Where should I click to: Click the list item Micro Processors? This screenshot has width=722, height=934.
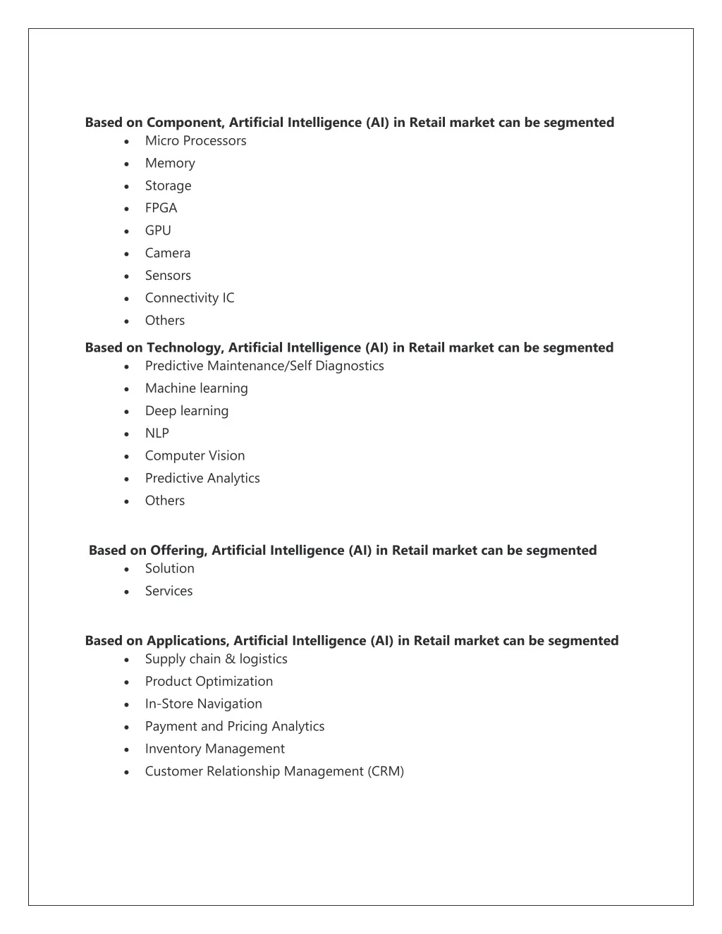pos(195,141)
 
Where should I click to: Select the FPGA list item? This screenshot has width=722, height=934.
pos(161,208)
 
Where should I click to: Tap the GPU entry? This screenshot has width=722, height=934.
pos(158,231)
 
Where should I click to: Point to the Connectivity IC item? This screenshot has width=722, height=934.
pos(190,298)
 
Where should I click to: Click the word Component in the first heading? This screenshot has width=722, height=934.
pos(185,123)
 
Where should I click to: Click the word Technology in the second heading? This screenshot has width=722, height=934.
pos(185,348)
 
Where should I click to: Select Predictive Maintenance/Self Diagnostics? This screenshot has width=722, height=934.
pos(264,366)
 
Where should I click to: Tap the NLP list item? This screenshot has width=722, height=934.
pos(157,434)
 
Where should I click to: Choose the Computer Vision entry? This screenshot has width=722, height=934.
pos(195,456)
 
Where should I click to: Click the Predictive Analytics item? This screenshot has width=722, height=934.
pos(202,479)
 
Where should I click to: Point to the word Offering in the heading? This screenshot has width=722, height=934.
pos(178,551)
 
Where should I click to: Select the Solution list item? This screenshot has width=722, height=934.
pos(169,569)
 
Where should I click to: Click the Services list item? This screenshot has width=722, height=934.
pos(169,591)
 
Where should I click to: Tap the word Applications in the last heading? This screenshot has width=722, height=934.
pos(187,641)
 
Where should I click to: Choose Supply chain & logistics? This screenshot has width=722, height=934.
pos(216,659)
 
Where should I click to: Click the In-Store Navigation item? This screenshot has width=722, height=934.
pos(203,704)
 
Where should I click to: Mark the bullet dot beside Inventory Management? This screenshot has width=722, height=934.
pos(126,750)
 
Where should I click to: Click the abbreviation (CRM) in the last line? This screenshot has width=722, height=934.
pos(385,772)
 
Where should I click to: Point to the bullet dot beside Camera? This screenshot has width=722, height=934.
pos(126,254)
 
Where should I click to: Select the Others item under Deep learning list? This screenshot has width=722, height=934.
pos(164,501)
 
